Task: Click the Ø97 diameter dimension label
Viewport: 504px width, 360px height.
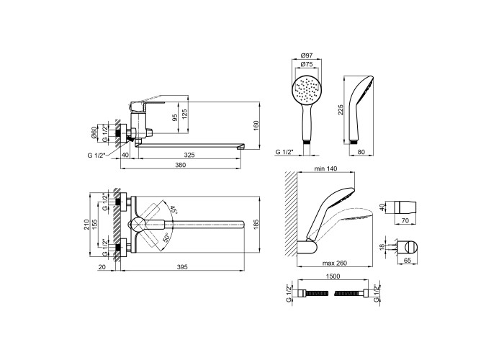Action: pyautogui.click(x=307, y=55)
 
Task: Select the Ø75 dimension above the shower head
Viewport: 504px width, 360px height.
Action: pyautogui.click(x=307, y=64)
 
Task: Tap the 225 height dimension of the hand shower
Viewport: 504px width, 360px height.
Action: pyautogui.click(x=341, y=109)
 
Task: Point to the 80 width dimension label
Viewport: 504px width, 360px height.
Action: pyautogui.click(x=361, y=152)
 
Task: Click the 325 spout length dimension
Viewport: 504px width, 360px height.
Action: pyautogui.click(x=189, y=155)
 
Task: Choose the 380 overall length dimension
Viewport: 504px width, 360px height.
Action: pyautogui.click(x=181, y=165)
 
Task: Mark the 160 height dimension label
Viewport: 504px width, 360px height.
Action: pyautogui.click(x=256, y=126)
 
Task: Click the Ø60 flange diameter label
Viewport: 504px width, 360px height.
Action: pyautogui.click(x=94, y=132)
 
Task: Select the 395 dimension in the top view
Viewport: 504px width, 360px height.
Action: pyautogui.click(x=182, y=267)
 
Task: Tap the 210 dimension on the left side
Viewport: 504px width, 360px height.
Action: pyautogui.click(x=86, y=225)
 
